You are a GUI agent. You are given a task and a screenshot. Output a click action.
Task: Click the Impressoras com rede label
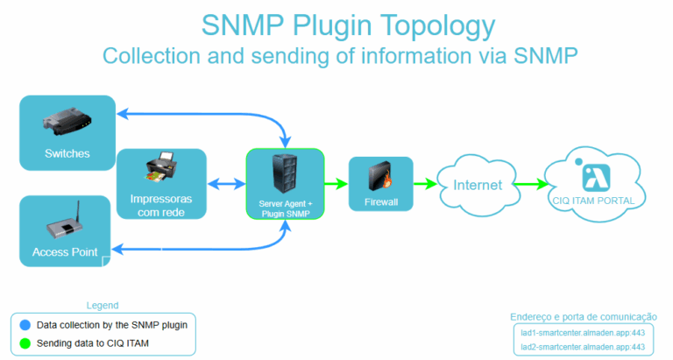point(161,205)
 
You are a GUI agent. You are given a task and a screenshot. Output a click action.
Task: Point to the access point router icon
point(67,226)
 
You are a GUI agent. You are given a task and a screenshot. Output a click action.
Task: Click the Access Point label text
point(63,252)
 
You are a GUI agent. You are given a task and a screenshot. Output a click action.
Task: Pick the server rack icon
point(285,175)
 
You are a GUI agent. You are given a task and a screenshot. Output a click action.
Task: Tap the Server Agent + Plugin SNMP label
point(285,208)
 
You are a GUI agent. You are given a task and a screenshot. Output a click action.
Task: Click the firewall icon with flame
point(381,179)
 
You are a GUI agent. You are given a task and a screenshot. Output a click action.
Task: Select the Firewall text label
point(381,202)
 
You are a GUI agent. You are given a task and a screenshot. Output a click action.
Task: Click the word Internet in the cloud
point(478,185)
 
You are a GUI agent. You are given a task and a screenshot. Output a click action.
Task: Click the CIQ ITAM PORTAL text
point(599,201)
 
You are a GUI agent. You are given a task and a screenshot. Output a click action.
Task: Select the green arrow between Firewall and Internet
point(425,184)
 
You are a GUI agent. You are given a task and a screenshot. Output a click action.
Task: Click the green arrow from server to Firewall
point(336,184)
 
